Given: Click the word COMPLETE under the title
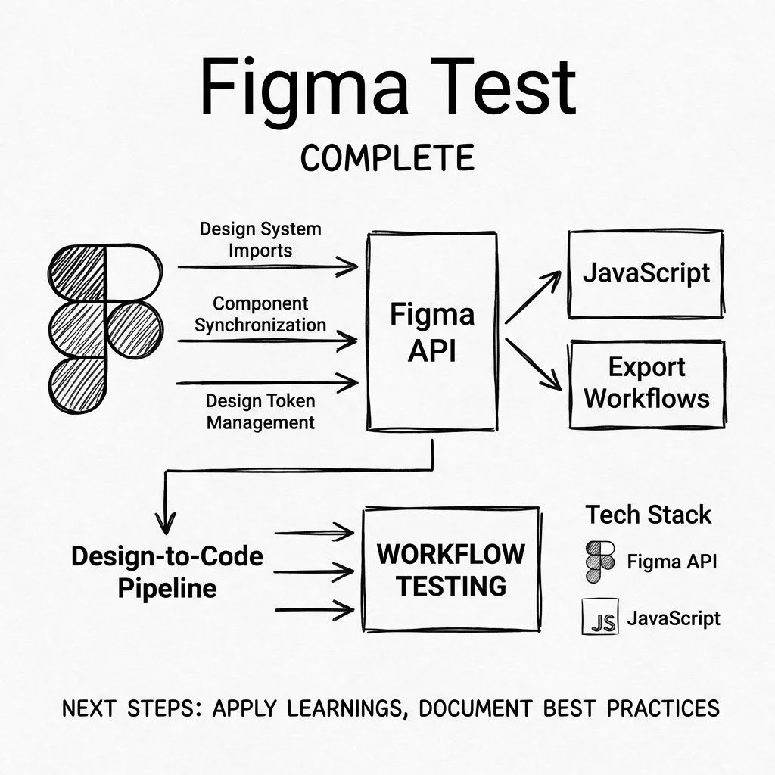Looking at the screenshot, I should (x=387, y=158).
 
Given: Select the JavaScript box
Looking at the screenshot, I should (x=646, y=273).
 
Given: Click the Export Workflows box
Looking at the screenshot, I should (x=647, y=383).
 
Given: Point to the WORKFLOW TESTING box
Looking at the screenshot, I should (x=452, y=569).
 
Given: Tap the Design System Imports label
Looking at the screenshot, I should (x=260, y=238).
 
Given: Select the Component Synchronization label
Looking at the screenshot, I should (x=260, y=314).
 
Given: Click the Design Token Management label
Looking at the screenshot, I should (x=260, y=411).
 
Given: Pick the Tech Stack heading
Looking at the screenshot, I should (x=649, y=515).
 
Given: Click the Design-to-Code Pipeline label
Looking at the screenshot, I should (x=167, y=571).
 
